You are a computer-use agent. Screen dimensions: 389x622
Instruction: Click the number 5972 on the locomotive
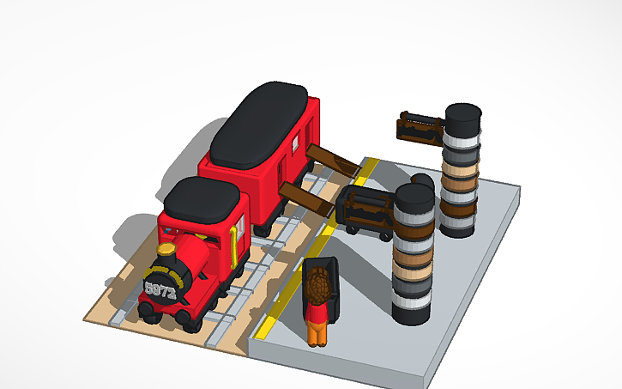161,290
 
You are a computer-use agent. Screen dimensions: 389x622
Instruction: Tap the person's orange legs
317,332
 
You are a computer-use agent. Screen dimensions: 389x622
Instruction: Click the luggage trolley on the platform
365,210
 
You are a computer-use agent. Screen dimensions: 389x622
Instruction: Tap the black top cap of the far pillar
463,115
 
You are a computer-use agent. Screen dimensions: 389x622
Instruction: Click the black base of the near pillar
411,309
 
